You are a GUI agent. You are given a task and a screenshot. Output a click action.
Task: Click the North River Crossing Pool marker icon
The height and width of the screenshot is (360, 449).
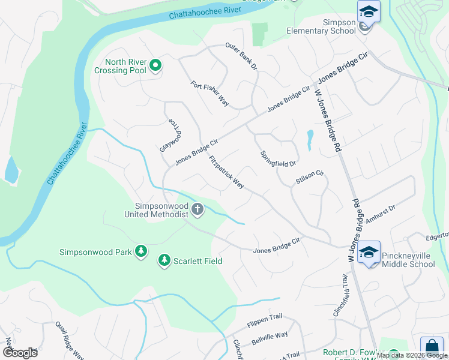(x=155, y=65)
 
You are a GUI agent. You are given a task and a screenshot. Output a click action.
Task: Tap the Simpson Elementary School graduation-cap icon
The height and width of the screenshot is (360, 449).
(x=369, y=12)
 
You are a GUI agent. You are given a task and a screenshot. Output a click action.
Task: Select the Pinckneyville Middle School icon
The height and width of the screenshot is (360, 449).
(x=369, y=253)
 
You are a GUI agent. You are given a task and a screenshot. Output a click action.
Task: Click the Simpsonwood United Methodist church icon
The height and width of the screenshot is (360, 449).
(x=197, y=209)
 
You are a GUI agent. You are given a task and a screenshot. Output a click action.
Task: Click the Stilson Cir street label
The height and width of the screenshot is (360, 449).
(x=310, y=178)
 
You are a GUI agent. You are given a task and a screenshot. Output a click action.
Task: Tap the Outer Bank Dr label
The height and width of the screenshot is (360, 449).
(x=241, y=56)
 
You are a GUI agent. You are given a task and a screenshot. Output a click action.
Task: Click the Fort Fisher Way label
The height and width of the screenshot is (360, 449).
(x=210, y=94)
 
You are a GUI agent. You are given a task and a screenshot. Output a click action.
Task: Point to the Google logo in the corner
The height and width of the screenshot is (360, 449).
(x=20, y=353)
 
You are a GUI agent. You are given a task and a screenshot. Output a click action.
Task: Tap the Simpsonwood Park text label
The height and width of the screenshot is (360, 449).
(x=95, y=252)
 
